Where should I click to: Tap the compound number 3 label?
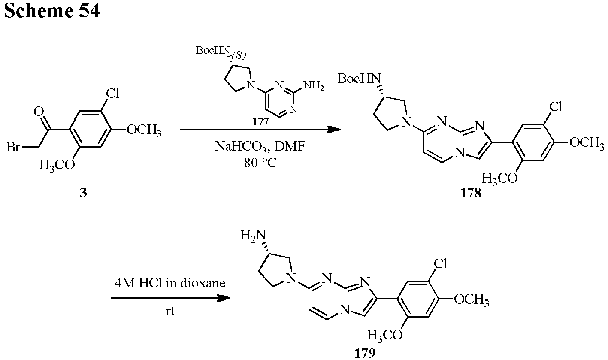pos(83,193)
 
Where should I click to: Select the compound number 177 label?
pos(260,122)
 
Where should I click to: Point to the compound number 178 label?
pos(471,193)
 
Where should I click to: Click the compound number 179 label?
pos(365,353)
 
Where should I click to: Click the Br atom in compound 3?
pos(13,147)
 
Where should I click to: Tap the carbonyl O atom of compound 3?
pos(39,111)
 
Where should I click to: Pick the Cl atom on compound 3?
pos(112,93)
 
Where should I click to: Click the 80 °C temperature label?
pos(260,163)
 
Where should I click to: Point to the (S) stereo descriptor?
pos(239,56)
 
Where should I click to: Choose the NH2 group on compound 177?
pos(314,86)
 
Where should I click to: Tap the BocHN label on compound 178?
pos(359,79)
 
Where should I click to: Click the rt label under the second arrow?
pos(170,311)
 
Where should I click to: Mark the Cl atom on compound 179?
pos(440,263)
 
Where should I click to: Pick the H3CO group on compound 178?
pos(499,179)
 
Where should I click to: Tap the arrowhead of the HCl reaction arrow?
pos(224,298)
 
